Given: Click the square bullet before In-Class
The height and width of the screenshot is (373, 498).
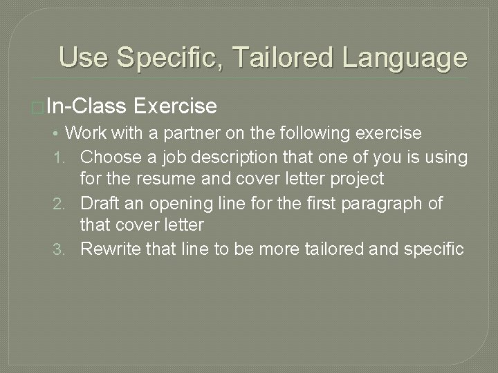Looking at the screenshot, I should point(37,108).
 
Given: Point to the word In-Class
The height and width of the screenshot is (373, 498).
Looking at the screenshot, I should point(86,106).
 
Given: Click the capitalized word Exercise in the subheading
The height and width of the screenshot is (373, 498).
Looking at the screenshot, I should point(176,106).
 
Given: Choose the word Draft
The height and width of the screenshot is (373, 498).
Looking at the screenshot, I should point(100,203).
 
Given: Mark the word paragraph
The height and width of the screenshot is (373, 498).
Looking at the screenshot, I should point(400,203).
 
